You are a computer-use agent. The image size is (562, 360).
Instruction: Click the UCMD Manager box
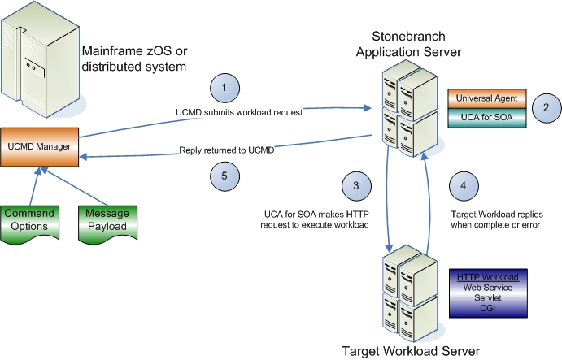click(37, 145)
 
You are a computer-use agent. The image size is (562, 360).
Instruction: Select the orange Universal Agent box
click(486, 99)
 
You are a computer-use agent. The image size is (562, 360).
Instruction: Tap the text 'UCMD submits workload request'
click(238, 112)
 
